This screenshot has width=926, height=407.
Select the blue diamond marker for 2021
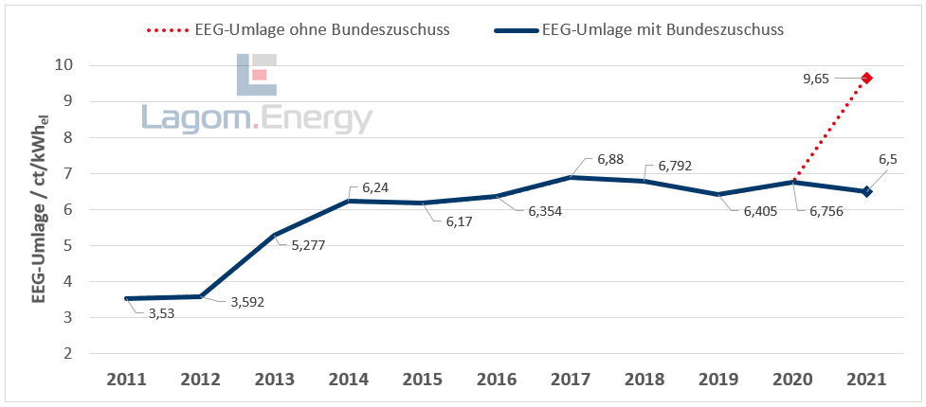(x=866, y=191)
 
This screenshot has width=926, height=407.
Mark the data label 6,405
(x=754, y=211)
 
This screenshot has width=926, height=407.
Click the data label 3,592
(x=247, y=303)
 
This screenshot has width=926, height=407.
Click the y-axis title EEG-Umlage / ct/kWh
(x=40, y=209)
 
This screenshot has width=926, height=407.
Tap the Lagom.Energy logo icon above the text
(x=256, y=75)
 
